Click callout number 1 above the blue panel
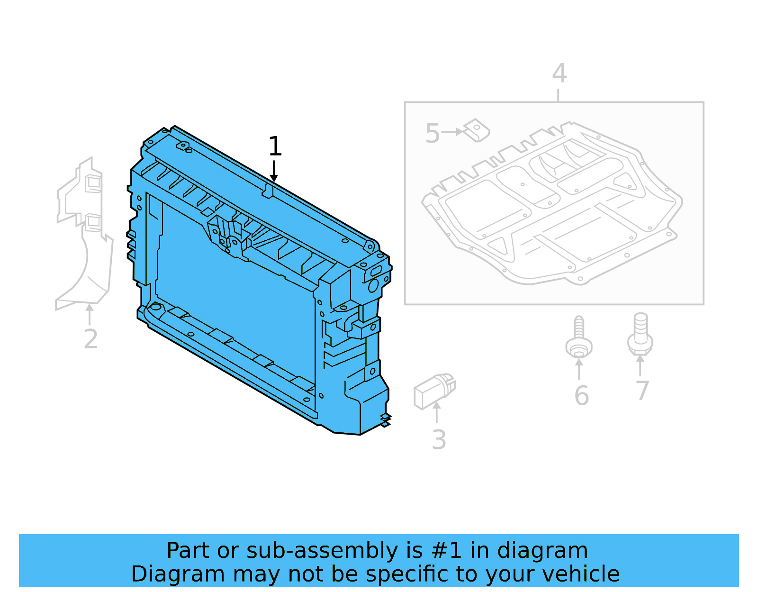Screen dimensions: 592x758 (x=275, y=146)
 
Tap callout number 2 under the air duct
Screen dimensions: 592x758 (x=90, y=339)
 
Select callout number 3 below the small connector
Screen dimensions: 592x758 (x=439, y=440)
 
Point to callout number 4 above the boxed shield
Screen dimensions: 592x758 (x=559, y=74)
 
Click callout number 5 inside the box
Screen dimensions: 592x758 (x=433, y=134)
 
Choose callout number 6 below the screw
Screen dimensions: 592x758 (x=581, y=396)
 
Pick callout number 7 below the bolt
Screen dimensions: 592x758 (x=642, y=392)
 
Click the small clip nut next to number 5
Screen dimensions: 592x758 (x=477, y=130)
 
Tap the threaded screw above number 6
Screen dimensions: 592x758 (x=579, y=337)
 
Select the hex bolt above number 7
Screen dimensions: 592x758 (x=640, y=334)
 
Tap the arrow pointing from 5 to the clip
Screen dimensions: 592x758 (x=452, y=132)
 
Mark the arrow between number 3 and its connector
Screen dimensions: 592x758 (x=437, y=411)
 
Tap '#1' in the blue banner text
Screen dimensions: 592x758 (x=446, y=551)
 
